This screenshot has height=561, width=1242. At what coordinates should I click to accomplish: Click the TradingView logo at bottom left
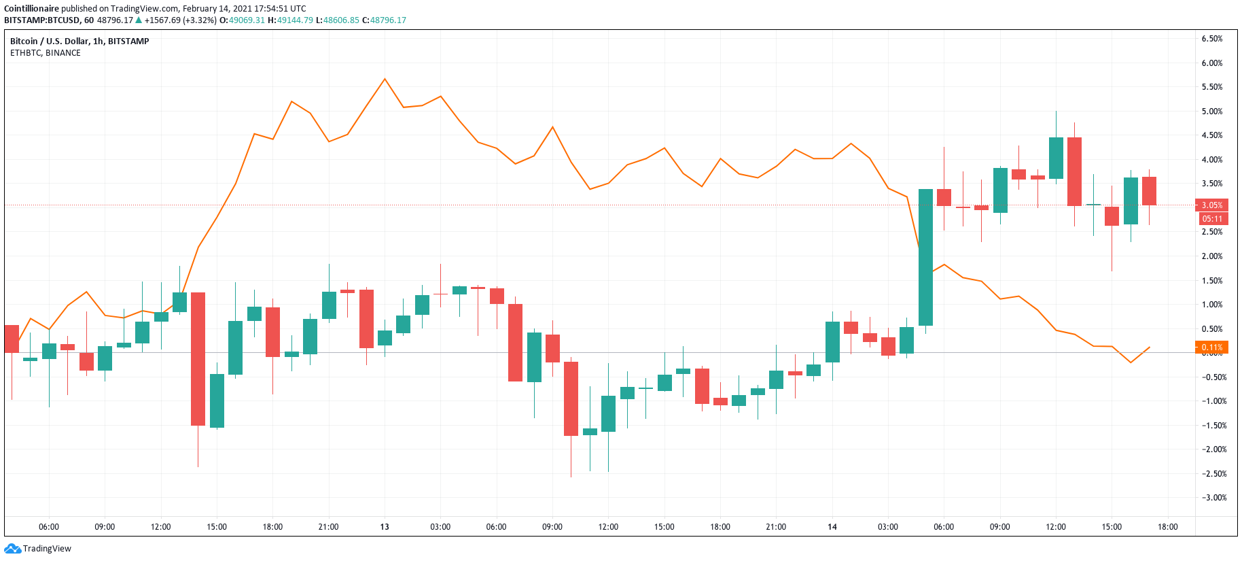tap(37, 548)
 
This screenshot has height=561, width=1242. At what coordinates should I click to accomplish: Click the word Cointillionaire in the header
tap(32, 9)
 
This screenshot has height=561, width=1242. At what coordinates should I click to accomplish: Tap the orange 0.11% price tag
tap(1211, 347)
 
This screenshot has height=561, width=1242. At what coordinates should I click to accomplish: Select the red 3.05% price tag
tap(1211, 205)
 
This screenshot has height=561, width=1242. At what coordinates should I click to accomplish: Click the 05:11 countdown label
tap(1211, 219)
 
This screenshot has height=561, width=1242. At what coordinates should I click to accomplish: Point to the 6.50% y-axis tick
tap(1211, 39)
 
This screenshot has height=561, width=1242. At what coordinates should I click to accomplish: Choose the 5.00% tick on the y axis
tap(1211, 112)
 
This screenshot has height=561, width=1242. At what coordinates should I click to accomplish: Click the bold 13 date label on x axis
tap(385, 527)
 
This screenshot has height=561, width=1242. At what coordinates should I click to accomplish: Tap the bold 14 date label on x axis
tap(832, 527)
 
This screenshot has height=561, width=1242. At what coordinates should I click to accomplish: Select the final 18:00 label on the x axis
tap(1167, 527)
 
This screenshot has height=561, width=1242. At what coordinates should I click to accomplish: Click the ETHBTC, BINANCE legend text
tap(46, 53)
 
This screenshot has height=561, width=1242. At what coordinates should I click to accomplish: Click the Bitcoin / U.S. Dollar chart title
tap(79, 41)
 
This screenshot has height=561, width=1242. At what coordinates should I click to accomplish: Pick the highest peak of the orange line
tap(385, 79)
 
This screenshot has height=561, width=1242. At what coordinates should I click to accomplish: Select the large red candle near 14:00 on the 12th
tap(198, 358)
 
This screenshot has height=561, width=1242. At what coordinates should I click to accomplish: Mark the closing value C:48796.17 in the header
tap(384, 20)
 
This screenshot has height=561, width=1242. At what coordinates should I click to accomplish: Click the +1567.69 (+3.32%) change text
tap(180, 20)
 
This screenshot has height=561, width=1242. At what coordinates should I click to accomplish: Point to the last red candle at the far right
tap(1149, 191)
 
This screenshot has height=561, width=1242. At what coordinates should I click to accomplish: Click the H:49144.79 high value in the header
tap(290, 20)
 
